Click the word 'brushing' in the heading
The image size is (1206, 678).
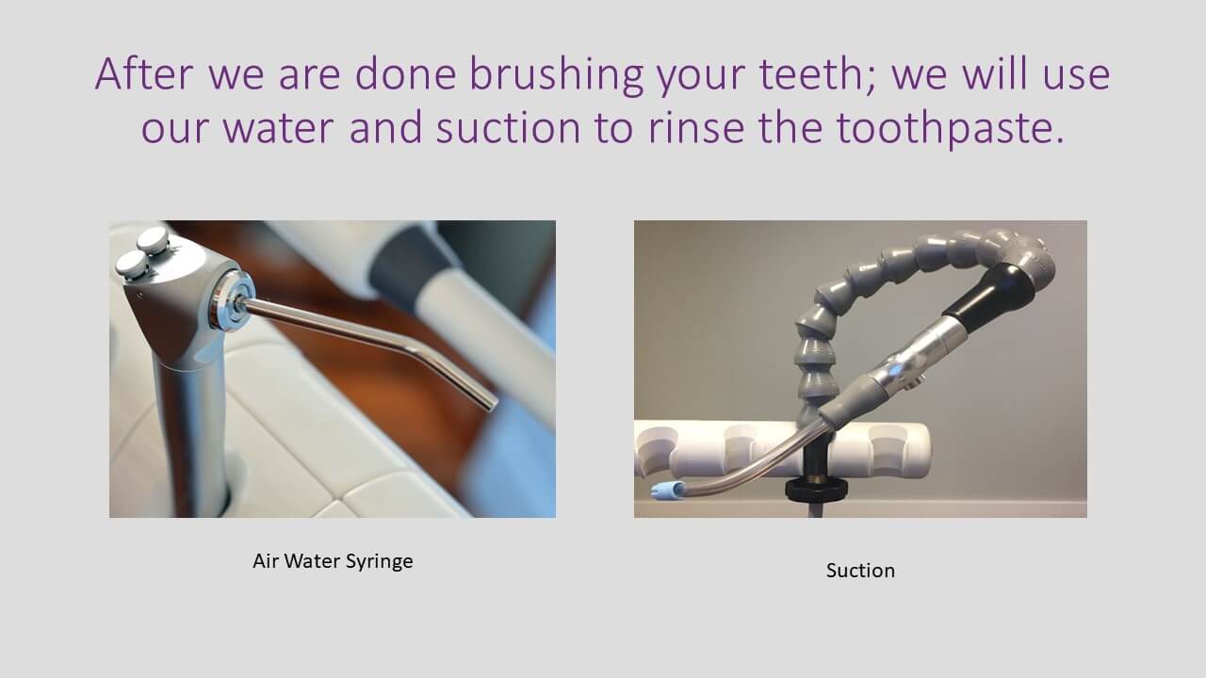[557, 75]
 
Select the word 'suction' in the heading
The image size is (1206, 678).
[508, 127]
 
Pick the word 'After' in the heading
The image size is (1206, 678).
[144, 73]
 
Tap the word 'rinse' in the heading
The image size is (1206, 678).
[696, 127]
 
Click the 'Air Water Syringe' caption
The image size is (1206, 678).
[333, 561]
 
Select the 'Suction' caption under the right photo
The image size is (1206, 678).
[860, 571]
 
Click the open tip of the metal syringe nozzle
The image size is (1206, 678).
[491, 405]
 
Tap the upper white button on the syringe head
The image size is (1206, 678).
[153, 239]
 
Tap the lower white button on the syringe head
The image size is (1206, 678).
[131, 265]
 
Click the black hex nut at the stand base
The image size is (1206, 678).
[816, 489]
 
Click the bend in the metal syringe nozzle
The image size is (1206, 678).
[415, 349]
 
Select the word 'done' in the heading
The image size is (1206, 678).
[405, 73]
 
